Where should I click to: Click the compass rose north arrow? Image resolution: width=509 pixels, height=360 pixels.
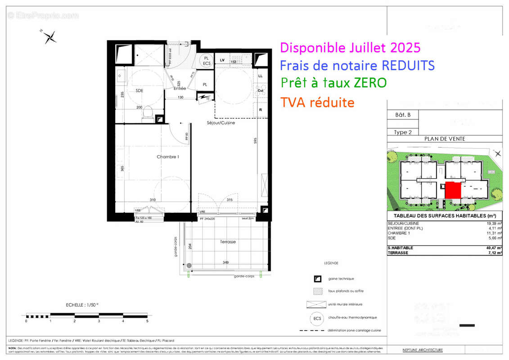tap(50, 37)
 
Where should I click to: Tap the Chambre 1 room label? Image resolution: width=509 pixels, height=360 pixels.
tap(168, 157)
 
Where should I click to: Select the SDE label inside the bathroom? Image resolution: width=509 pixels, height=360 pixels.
tap(140, 90)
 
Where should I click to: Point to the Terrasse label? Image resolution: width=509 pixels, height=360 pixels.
tap(228, 242)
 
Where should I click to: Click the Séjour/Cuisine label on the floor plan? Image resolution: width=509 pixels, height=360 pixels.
tap(221, 122)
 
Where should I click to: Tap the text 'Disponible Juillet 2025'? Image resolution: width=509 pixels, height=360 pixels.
tap(350, 47)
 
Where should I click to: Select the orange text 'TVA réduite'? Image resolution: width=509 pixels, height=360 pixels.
tap(317, 103)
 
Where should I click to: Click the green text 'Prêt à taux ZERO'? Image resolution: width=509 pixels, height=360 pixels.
tap(333, 83)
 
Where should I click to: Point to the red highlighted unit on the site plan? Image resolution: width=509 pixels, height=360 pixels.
tap(453, 190)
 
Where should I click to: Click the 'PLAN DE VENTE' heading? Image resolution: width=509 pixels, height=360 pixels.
tap(445, 139)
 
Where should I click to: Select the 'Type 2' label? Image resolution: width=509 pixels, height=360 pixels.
tap(403, 132)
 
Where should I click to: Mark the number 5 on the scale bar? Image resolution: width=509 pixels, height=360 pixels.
tap(147, 321)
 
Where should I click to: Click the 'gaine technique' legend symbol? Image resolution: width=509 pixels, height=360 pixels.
tap(317, 279)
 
